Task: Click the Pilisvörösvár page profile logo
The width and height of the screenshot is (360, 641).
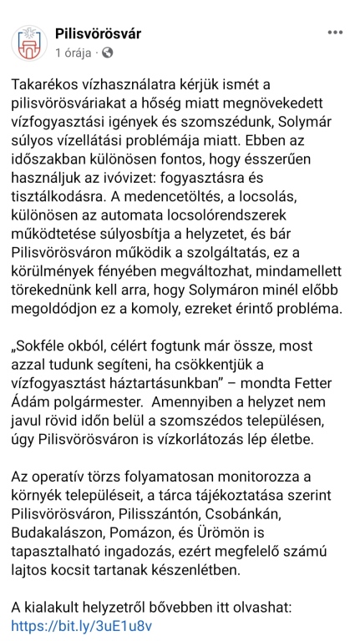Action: (30, 44)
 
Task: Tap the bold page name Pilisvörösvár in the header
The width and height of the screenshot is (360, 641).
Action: (97, 34)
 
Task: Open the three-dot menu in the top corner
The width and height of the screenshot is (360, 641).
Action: (335, 33)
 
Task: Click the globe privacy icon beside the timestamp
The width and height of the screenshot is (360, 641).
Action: (107, 52)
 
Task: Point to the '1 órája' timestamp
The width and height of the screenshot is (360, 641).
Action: (73, 52)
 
